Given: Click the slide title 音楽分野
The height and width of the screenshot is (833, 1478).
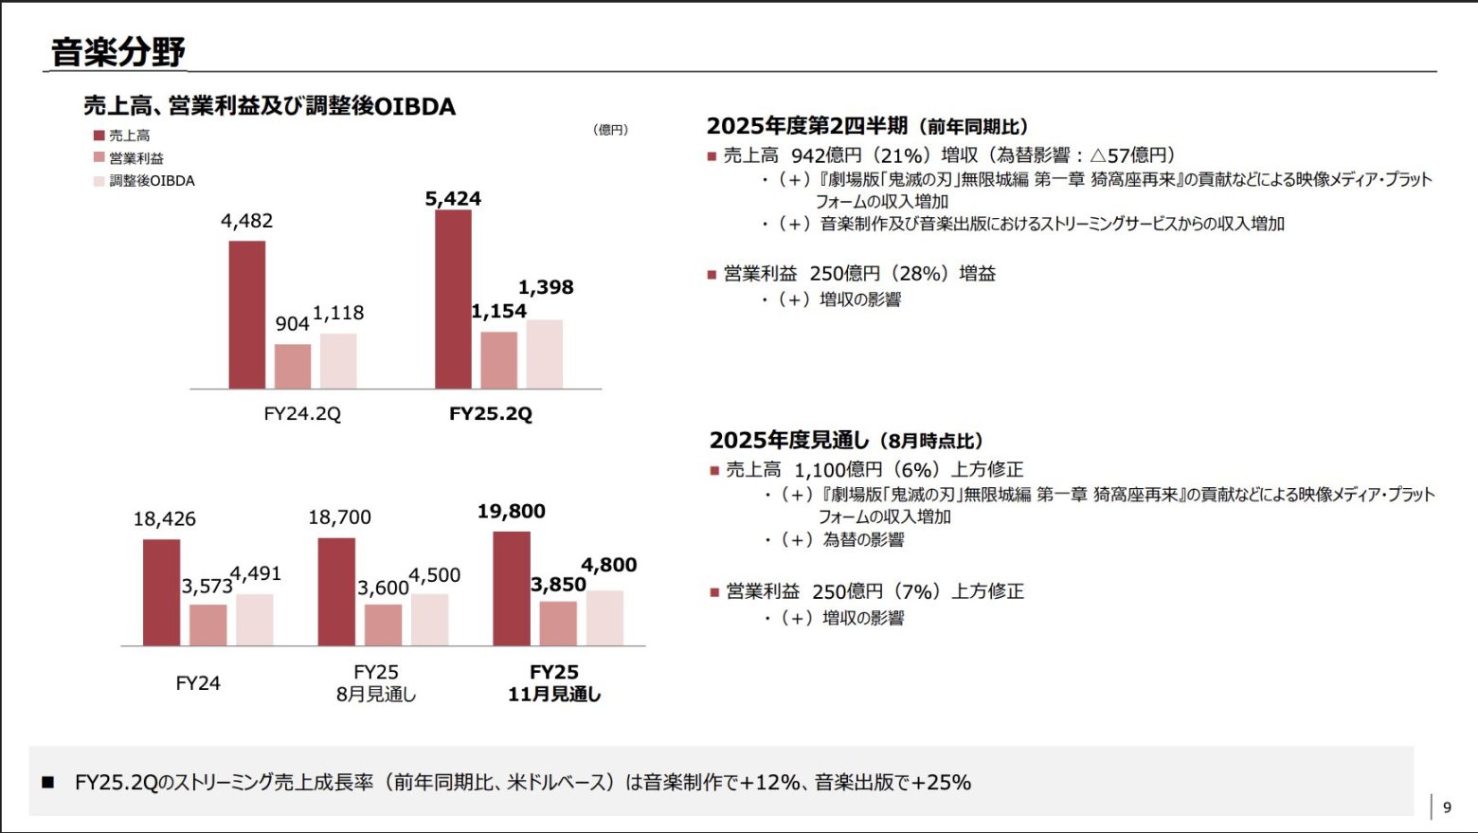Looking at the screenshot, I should point(117,51).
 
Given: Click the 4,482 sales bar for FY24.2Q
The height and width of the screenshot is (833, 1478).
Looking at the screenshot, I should point(247,315).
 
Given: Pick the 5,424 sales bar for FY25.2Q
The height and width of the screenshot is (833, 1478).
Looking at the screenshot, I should point(453,299).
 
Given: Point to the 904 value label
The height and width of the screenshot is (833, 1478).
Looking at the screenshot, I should point(292,324).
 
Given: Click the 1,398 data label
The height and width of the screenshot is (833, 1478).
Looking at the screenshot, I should point(546,287).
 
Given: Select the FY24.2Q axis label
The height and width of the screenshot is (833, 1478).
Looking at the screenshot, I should point(302,414).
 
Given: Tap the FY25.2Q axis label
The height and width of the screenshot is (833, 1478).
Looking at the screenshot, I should point(491,414).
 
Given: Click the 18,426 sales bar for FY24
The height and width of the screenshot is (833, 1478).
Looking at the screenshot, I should point(162,592).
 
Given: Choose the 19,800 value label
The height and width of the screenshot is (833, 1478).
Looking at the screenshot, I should point(511,512).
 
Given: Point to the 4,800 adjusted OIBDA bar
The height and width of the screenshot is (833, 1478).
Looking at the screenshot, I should point(604,618).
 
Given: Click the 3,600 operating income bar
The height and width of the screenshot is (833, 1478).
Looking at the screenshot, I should point(383,625).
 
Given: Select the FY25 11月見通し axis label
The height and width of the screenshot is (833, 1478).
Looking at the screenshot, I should point(554,683).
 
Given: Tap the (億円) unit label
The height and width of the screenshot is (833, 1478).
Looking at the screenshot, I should point(610,130).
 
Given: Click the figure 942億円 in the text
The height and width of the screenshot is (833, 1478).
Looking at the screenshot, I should point(826,155).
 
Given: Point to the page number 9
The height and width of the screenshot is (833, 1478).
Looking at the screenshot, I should point(1447,807).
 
